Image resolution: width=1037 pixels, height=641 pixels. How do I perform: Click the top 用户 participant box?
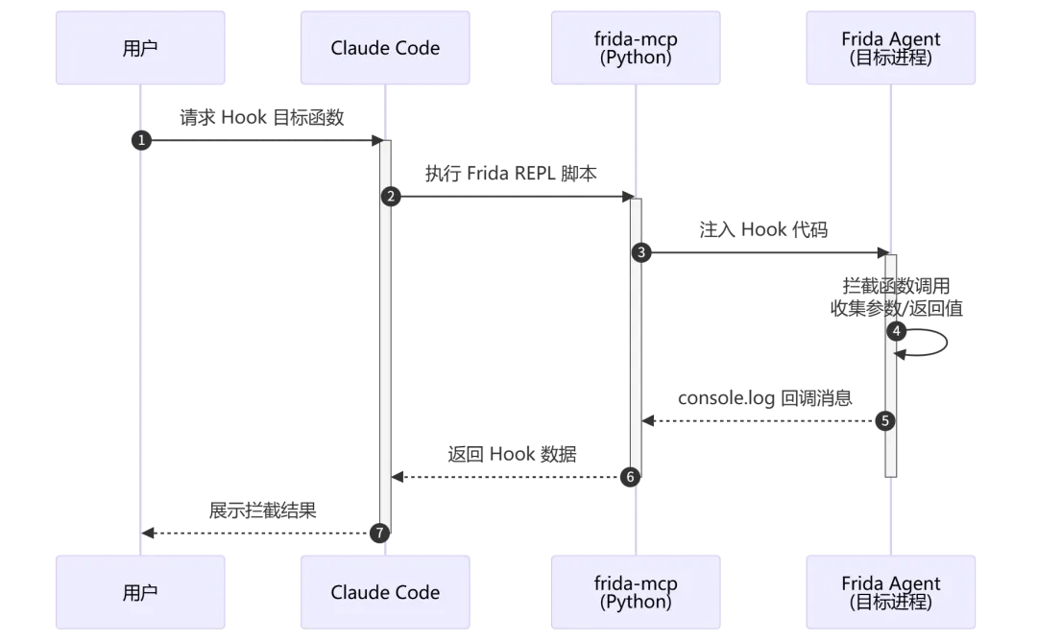(x=140, y=48)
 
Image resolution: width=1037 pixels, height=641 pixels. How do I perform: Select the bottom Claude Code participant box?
(x=385, y=592)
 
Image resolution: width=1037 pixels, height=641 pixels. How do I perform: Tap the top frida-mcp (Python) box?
(x=636, y=48)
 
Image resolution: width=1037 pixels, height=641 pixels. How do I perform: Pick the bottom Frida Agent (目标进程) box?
(x=891, y=592)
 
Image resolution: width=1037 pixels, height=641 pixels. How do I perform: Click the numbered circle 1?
(x=141, y=140)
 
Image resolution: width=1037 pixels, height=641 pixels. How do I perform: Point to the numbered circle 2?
(x=391, y=197)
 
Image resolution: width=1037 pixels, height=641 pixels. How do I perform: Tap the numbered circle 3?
(x=640, y=252)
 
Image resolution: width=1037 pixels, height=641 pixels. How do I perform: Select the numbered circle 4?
(x=896, y=331)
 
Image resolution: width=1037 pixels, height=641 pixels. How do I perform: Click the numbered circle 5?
(x=885, y=421)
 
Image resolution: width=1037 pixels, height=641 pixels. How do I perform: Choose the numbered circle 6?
(x=630, y=477)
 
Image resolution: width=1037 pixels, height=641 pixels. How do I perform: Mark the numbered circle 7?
(x=379, y=533)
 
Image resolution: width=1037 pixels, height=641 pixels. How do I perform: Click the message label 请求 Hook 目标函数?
(x=262, y=118)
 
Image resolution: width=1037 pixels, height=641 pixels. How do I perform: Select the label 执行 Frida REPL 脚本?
(x=511, y=174)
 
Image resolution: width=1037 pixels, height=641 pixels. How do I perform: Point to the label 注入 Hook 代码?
(x=763, y=230)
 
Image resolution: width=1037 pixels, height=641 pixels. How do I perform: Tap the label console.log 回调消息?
(x=764, y=398)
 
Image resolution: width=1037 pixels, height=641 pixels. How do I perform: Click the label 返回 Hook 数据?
(x=512, y=455)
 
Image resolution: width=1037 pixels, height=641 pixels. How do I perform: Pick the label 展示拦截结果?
(x=262, y=510)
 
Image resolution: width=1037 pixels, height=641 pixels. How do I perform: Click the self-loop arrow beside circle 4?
(x=947, y=343)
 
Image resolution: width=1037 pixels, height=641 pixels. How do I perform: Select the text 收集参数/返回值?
(x=896, y=309)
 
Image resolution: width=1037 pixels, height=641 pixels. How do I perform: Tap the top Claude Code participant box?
(x=385, y=48)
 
